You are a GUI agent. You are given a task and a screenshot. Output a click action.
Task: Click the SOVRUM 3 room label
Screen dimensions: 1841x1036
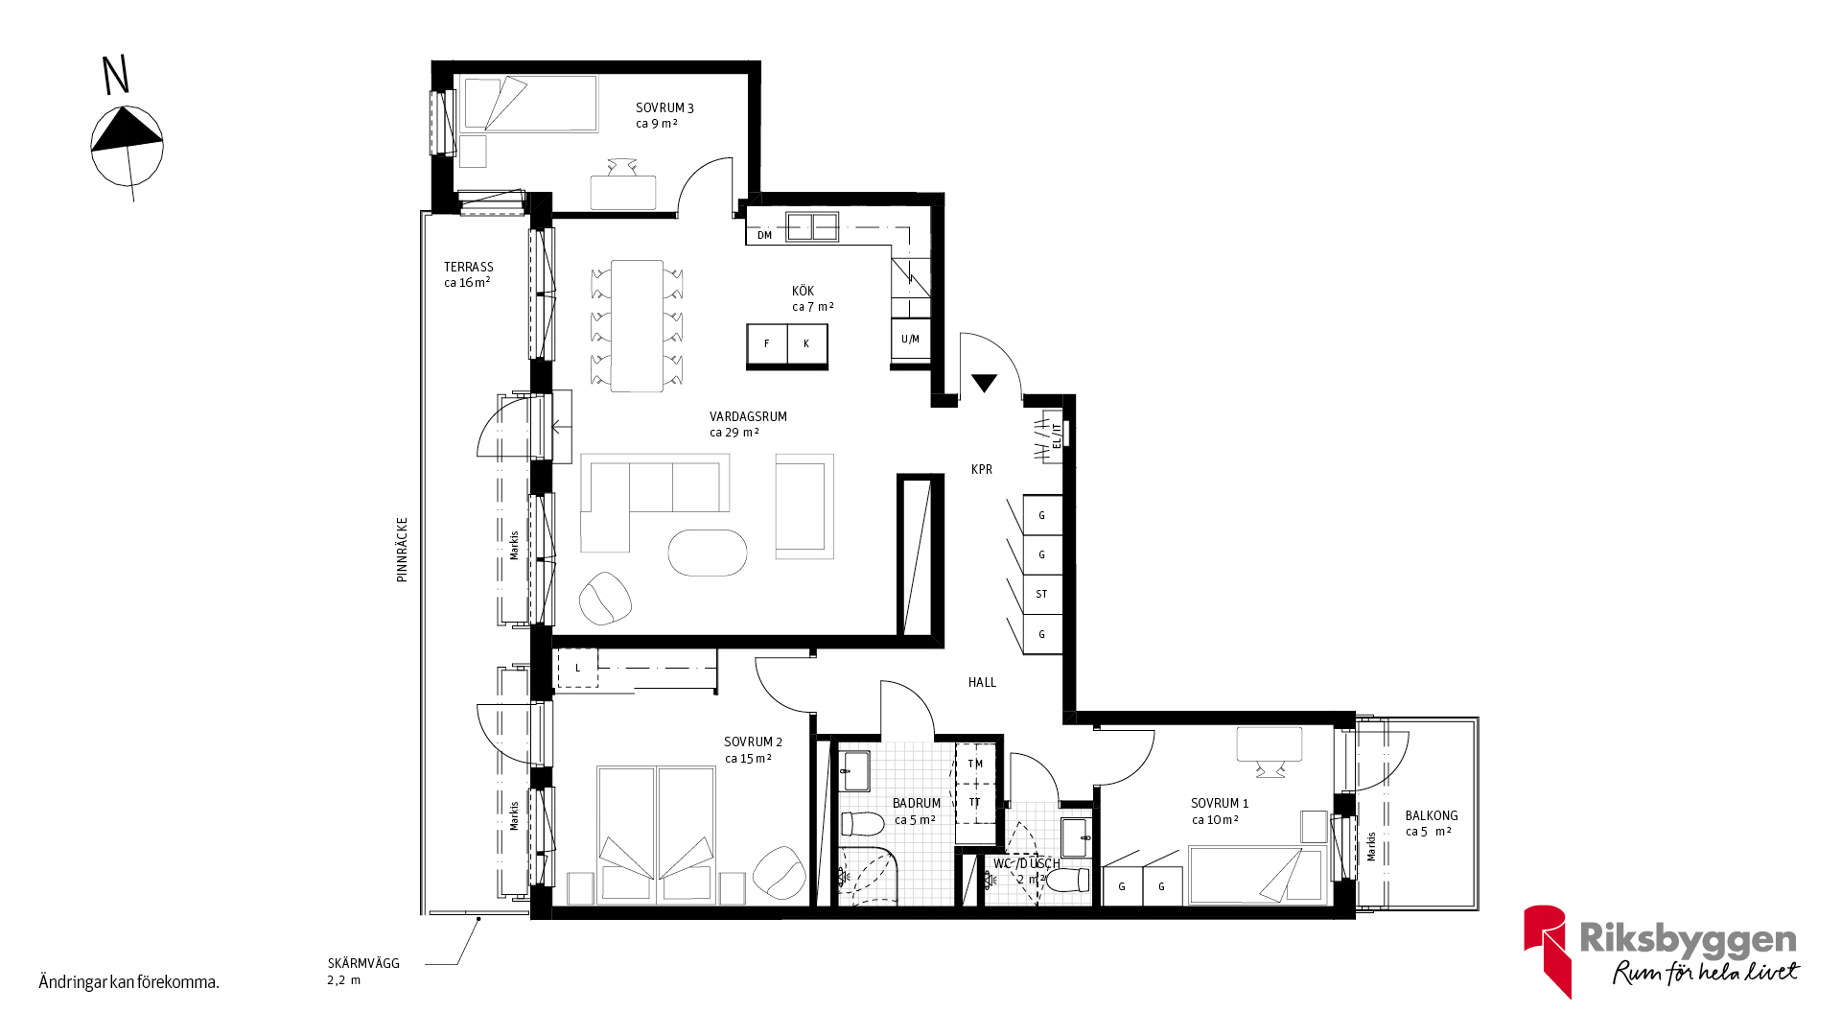coord(664,108)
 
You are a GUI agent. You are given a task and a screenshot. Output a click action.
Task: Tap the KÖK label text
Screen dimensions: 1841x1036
coord(804,291)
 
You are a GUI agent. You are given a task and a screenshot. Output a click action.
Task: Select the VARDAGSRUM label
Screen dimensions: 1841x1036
coord(748,416)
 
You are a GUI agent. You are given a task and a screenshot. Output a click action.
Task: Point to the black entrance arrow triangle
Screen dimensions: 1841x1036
coord(984,382)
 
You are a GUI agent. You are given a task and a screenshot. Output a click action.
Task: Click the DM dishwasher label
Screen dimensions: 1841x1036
coord(764,235)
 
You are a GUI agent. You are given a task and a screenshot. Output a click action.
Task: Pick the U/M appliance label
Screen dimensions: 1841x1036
coord(910,339)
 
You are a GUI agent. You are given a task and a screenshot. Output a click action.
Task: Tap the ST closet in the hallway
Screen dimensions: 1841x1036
coord(1042,594)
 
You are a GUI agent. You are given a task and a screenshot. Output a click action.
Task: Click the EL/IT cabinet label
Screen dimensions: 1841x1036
coord(1057,436)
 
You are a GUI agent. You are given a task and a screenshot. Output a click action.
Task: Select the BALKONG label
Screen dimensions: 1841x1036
coord(1432,815)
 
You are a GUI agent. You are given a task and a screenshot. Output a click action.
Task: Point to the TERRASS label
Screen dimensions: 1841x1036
coord(469,267)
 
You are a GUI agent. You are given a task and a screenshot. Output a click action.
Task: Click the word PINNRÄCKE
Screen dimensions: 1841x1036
coord(403,550)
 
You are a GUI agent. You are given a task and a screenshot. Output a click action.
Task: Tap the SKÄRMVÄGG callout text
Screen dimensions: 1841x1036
coord(363,963)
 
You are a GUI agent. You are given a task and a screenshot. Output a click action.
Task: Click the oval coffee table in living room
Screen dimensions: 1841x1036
coord(708,553)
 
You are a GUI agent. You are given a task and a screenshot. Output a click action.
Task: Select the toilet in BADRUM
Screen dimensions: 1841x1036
coord(862,823)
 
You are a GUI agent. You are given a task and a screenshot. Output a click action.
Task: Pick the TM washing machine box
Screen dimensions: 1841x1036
coord(976,764)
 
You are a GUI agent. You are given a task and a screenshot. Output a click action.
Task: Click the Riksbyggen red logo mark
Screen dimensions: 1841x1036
coord(1547,950)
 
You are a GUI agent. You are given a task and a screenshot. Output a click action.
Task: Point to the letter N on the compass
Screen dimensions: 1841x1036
coord(116,76)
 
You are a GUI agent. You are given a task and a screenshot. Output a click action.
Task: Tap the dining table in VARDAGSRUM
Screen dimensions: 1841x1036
coord(637,326)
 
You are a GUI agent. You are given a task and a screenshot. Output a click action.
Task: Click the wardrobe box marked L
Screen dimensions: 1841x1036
coord(577,668)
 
